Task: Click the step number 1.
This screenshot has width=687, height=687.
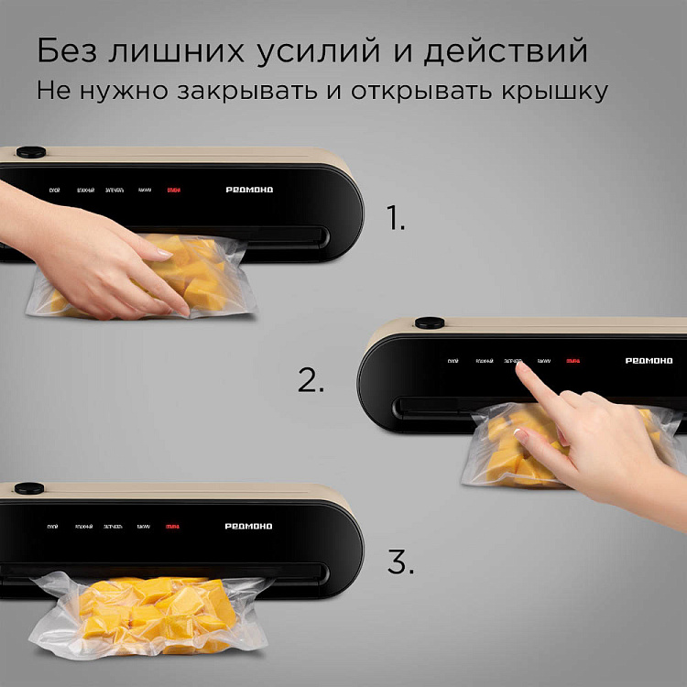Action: click(x=395, y=219)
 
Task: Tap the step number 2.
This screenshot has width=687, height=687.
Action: click(x=311, y=380)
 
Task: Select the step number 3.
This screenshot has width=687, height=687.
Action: click(x=399, y=562)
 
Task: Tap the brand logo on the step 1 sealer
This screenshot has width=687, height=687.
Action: click(x=249, y=191)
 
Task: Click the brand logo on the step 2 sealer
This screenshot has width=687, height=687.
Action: click(x=649, y=361)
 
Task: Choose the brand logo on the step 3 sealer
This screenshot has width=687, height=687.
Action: click(x=249, y=526)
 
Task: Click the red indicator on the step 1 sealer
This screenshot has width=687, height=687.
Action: click(x=173, y=191)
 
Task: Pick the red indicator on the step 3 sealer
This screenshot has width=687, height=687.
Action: click(x=173, y=526)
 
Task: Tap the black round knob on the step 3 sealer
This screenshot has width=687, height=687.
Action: click(x=30, y=488)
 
